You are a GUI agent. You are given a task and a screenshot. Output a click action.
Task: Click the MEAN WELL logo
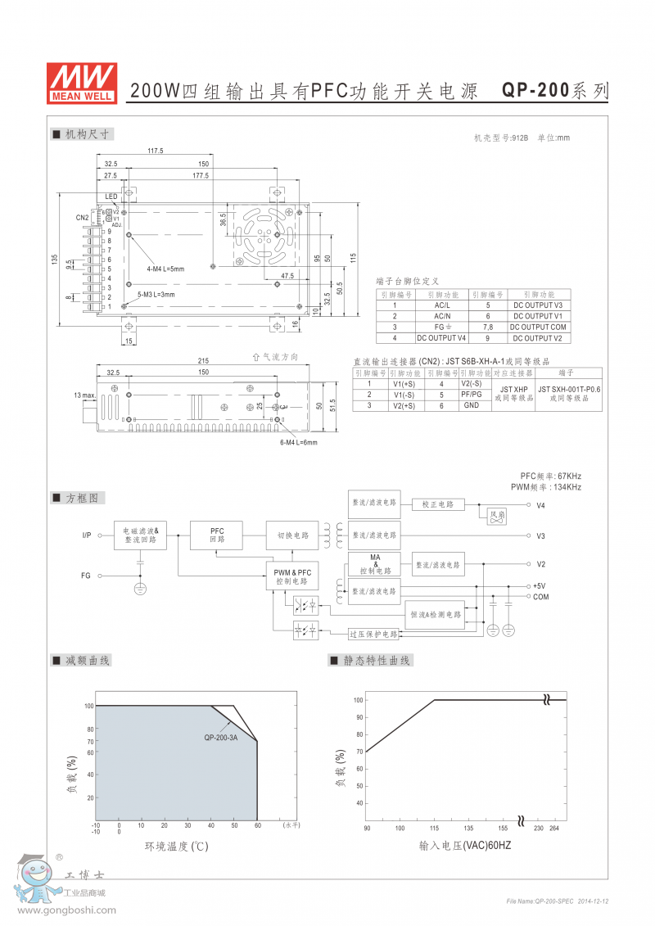82,83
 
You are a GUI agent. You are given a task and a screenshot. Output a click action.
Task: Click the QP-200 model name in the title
535,91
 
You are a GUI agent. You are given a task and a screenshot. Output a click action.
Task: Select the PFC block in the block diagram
217,535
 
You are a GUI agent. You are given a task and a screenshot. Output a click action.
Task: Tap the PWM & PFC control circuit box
292,576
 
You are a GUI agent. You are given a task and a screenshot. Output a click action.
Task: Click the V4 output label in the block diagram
540,506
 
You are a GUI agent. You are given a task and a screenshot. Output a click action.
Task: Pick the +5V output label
539,586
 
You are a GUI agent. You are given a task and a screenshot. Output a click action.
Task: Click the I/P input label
86,535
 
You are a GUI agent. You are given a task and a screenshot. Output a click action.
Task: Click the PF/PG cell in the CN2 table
471,394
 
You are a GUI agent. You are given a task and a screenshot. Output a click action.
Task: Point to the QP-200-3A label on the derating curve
220,738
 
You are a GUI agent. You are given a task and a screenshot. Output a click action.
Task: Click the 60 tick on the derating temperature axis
257,826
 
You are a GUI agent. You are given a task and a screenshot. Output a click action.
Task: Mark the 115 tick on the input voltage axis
434,828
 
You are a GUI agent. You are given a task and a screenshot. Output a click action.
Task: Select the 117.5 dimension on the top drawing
156,151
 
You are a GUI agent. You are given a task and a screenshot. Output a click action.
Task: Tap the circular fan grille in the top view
260,236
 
